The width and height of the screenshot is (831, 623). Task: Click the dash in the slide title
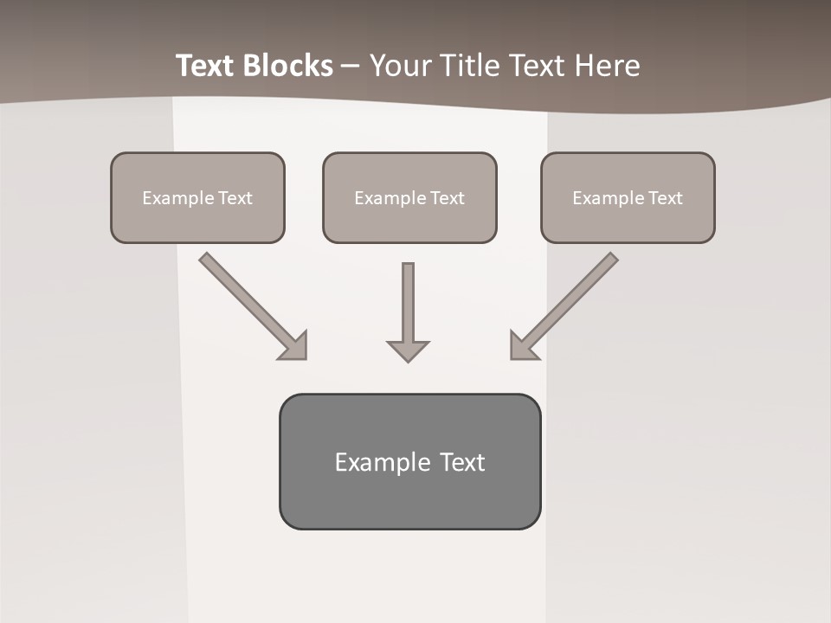tap(351, 66)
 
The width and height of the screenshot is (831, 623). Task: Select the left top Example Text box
tap(197, 197)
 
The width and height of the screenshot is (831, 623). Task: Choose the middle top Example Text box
tap(409, 197)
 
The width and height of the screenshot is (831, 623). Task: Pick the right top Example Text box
tap(628, 197)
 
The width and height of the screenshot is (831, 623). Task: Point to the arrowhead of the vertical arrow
tap(408, 350)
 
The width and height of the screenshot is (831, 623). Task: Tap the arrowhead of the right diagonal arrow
tap(522, 346)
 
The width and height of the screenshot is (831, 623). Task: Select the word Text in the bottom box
tap(462, 462)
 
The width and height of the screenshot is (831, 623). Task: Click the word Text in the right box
tap(665, 197)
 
